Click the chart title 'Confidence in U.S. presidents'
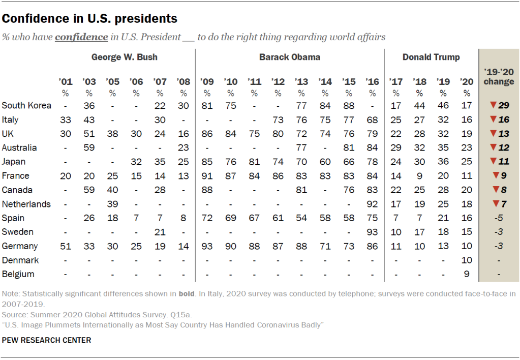tap(89, 19)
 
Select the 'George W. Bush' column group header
tap(124, 57)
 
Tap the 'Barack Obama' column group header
tap(290, 57)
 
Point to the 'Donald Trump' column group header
tap(431, 57)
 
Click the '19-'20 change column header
tap(499, 77)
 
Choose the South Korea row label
tap(26, 106)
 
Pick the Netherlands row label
tap(26, 204)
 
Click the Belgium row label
tap(18, 274)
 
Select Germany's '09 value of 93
tap(207, 246)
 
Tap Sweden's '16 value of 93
tap(373, 232)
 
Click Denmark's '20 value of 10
tap(467, 260)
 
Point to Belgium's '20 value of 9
tap(467, 274)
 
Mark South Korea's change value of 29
tap(503, 106)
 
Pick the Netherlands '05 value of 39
tap(112, 204)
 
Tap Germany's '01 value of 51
tap(66, 246)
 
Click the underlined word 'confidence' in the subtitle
tap(81, 37)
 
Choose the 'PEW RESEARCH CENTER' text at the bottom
tap(47, 340)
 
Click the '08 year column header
tap(183, 81)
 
